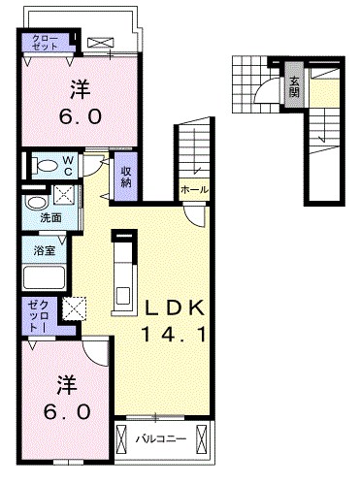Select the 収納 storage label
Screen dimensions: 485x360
point(127,177)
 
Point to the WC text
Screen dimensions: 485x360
point(69,163)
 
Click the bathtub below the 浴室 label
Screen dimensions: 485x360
point(43,278)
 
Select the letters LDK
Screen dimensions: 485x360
point(175,309)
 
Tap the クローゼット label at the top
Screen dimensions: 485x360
point(45,43)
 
